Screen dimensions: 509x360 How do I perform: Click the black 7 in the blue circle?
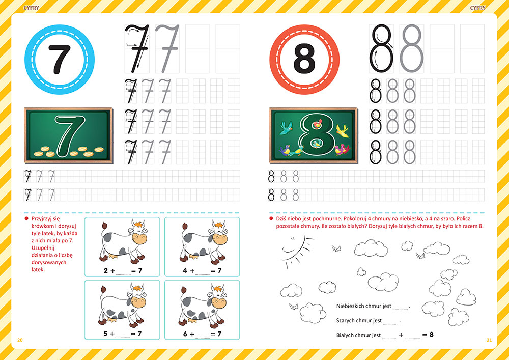pyautogui.click(x=60, y=60)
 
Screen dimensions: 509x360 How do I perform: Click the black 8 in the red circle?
pyautogui.click(x=304, y=60)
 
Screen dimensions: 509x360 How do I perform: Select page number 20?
pyautogui.click(x=20, y=340)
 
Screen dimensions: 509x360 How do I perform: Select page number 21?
pyautogui.click(x=489, y=340)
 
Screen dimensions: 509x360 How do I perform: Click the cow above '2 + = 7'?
pyautogui.click(x=123, y=241)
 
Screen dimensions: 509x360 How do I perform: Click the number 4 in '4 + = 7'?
pyautogui.click(x=185, y=270)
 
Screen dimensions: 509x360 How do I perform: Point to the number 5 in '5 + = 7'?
pyautogui.click(x=105, y=334)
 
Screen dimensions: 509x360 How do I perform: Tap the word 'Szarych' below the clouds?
pyautogui.click(x=347, y=321)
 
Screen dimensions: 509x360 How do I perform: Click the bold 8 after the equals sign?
pyautogui.click(x=432, y=335)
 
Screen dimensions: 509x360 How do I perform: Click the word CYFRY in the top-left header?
pyautogui.click(x=31, y=8)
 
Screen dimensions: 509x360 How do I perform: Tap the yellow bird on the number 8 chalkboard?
pyautogui.click(x=342, y=130)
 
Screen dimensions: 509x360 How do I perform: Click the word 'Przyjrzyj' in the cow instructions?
pyautogui.click(x=45, y=219)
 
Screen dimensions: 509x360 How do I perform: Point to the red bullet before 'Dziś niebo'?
pyautogui.click(x=271, y=218)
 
